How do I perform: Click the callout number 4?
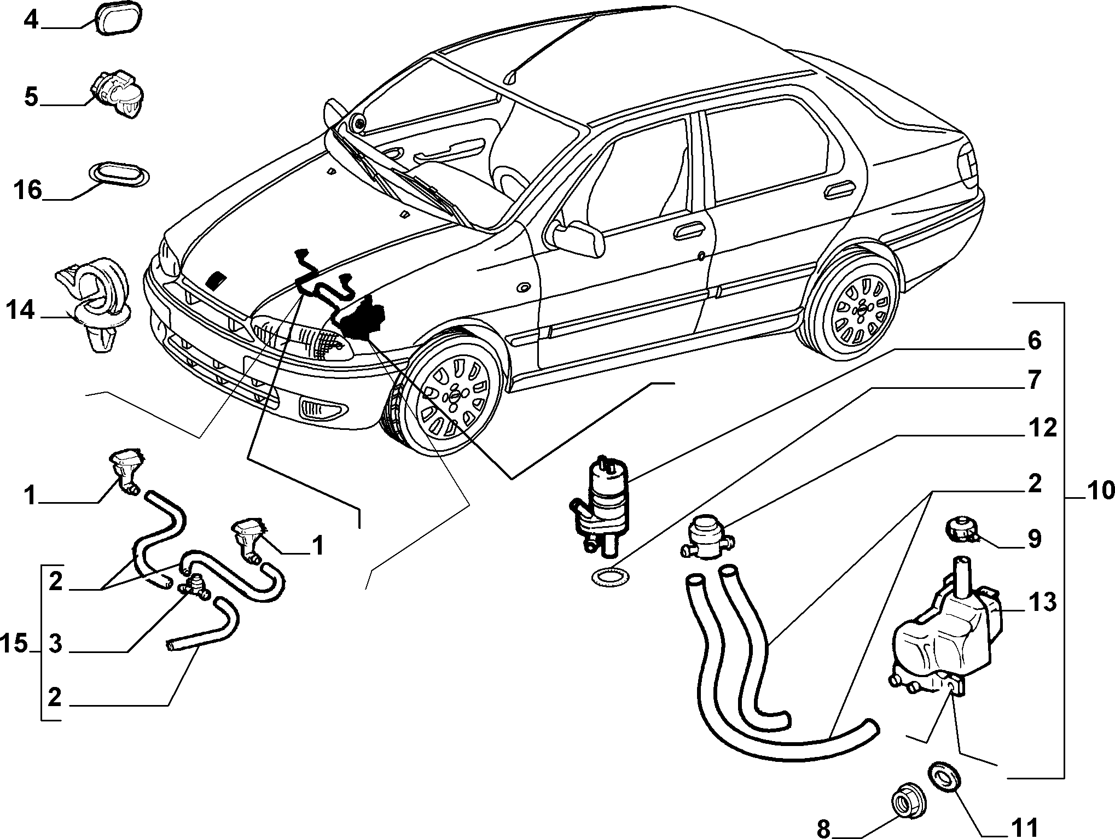(x=31, y=21)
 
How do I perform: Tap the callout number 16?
(x=27, y=190)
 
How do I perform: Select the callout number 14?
(x=21, y=310)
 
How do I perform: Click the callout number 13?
(x=1042, y=602)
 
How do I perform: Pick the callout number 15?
(x=14, y=644)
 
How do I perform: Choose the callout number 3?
(x=55, y=644)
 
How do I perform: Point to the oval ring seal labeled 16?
(x=119, y=174)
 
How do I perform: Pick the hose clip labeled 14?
(x=94, y=306)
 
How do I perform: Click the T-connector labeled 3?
(x=194, y=586)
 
